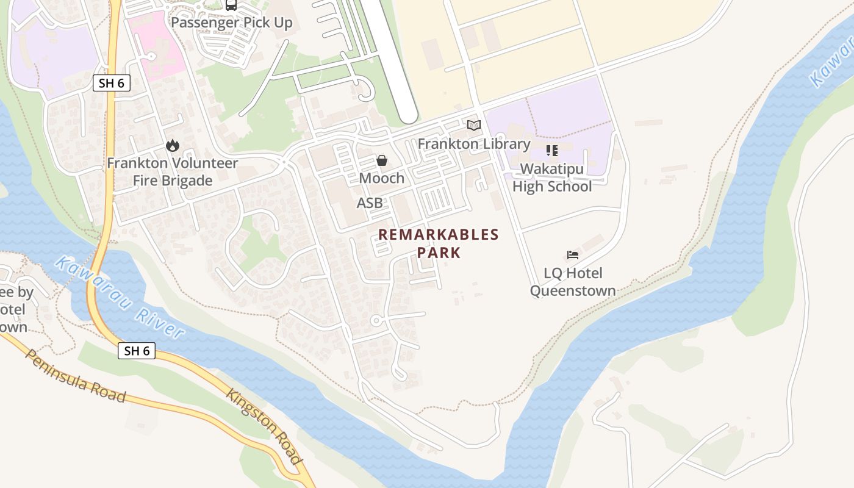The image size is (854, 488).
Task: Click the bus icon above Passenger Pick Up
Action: (x=231, y=5)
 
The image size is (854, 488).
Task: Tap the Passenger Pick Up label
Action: (x=231, y=23)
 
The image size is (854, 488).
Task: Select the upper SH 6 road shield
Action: (x=112, y=83)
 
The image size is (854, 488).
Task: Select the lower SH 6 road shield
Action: (x=137, y=350)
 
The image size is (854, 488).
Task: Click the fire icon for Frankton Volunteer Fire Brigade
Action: (x=173, y=145)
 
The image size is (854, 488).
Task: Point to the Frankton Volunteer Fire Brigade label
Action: (x=173, y=172)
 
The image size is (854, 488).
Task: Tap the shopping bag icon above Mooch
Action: (x=382, y=160)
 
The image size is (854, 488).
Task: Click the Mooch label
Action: (x=382, y=178)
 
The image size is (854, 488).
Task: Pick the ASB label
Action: (x=370, y=203)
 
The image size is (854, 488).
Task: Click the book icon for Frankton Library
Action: (x=474, y=125)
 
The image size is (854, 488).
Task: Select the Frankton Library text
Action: (x=474, y=144)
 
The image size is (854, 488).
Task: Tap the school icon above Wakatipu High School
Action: (x=552, y=150)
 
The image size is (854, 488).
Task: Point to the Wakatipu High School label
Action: (x=552, y=178)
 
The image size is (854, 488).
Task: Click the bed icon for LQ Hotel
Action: (x=573, y=255)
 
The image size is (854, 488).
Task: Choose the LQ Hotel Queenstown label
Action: (x=573, y=282)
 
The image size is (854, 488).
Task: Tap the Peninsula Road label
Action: (x=75, y=376)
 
